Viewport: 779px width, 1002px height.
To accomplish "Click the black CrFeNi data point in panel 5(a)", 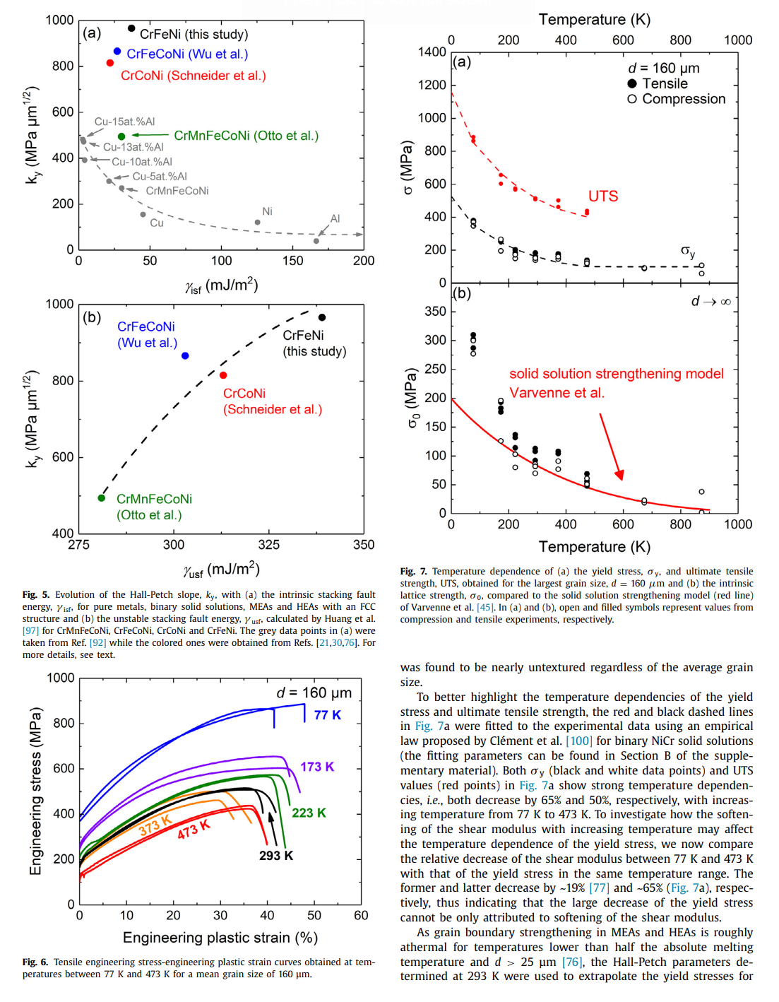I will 131,28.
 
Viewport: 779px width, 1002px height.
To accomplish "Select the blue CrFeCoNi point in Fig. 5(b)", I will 185,355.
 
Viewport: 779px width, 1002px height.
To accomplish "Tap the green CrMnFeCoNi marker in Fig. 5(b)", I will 102,498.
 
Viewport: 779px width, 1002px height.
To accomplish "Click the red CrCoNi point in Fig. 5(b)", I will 223,375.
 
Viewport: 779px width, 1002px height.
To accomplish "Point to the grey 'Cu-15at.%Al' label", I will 124,122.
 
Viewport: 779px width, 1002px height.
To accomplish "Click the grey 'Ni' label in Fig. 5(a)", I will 267,211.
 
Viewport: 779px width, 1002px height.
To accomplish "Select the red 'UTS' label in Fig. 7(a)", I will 603,196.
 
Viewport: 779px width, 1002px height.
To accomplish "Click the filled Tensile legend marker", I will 632,83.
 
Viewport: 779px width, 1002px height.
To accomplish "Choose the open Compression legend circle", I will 632,99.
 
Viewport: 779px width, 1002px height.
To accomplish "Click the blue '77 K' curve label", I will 327,715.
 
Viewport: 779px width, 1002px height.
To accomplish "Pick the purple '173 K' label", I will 317,767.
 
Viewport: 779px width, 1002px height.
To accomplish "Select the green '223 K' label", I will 309,813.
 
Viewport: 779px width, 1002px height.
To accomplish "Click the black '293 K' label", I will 276,856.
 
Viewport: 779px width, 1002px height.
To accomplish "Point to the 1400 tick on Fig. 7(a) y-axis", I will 432,52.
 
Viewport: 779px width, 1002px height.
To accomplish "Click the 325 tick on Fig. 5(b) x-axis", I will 269,545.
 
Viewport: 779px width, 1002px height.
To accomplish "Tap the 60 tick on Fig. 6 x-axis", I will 361,915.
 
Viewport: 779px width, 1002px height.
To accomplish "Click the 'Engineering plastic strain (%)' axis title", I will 220,938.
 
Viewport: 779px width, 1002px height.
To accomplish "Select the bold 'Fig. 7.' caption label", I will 413,572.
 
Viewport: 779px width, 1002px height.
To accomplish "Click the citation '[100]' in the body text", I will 579,741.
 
